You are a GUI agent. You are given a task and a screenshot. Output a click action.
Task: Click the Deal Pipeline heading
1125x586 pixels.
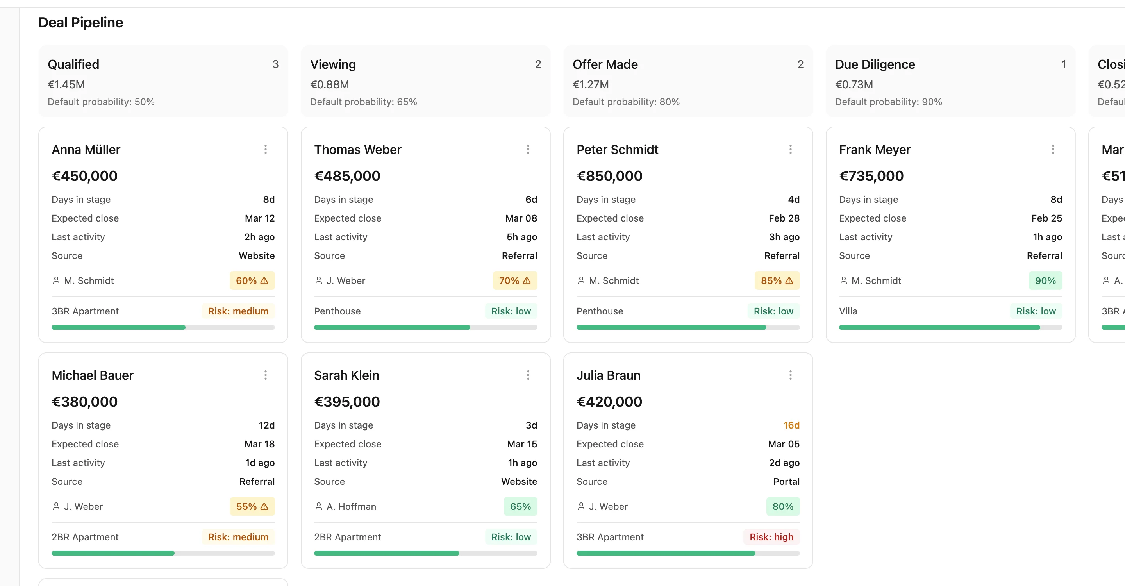tap(81, 22)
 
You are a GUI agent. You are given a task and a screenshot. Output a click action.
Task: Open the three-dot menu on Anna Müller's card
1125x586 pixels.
tap(266, 149)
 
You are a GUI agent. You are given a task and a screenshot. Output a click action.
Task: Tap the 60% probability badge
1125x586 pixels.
tap(252, 281)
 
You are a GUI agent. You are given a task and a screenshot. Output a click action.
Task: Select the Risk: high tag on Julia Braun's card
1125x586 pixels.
tap(771, 537)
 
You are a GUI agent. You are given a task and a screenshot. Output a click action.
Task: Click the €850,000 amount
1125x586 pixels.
tap(609, 176)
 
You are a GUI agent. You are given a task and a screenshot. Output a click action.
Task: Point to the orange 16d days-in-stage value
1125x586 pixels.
tap(791, 425)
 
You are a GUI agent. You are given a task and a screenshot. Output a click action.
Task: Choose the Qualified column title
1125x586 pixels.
tap(73, 64)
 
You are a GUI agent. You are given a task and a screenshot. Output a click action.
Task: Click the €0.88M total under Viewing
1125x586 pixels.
tap(329, 84)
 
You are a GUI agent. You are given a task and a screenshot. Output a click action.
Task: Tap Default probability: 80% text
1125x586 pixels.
tap(626, 102)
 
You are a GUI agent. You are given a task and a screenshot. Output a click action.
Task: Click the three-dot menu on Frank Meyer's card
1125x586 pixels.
tap(1053, 149)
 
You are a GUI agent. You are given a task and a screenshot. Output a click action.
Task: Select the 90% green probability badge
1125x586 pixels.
tap(1045, 281)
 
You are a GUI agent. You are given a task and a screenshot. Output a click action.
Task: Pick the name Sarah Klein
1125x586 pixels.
tap(346, 375)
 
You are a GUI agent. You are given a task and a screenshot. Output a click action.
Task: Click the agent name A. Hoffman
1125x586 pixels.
tap(351, 507)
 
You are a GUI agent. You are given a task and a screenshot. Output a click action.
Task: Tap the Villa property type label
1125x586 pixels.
tap(848, 311)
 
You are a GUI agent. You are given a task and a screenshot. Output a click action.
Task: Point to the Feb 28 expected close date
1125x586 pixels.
tap(784, 218)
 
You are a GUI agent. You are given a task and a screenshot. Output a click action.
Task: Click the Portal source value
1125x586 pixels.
tap(786, 481)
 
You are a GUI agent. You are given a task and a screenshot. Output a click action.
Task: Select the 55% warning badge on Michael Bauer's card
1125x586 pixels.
tap(252, 507)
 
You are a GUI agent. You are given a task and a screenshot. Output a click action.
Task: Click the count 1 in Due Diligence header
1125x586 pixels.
tap(1064, 64)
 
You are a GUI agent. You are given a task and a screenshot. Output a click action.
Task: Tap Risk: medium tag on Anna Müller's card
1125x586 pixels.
tap(238, 311)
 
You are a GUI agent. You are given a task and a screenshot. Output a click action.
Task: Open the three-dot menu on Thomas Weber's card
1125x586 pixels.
tap(528, 149)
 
